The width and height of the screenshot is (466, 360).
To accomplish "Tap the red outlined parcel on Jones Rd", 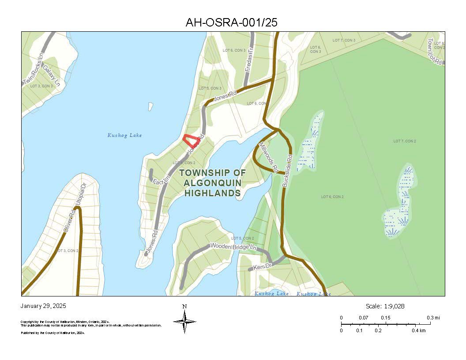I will coord(191,141).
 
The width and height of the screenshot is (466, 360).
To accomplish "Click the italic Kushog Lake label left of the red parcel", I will coord(125,135).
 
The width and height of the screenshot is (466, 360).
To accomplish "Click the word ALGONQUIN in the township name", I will coord(212,183).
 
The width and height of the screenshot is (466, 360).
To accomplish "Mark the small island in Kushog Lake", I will coord(150,106).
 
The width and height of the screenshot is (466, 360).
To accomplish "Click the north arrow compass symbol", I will coord(184,321).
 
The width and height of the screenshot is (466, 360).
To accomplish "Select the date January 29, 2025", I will coord(44,306).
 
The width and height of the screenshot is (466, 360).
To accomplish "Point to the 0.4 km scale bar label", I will coord(419,330).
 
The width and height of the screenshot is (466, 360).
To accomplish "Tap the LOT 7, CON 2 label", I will coord(405,141).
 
